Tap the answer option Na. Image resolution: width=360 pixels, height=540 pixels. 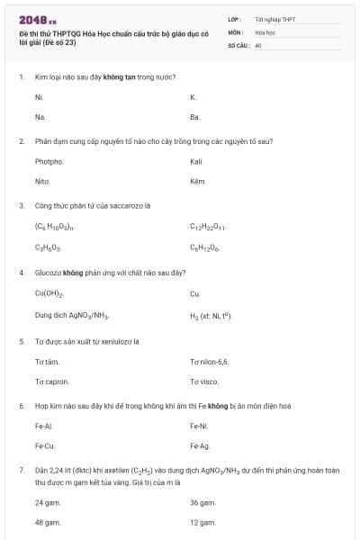(x=40, y=117)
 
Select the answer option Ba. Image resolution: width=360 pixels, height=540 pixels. (x=194, y=117)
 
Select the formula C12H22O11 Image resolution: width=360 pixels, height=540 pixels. (x=208, y=227)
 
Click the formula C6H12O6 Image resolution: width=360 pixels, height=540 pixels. (x=205, y=247)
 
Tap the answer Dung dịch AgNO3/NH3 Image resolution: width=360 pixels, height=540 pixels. (x=72, y=315)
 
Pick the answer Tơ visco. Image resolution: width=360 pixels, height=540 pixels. (x=203, y=382)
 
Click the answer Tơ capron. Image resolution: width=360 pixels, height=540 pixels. (x=51, y=382)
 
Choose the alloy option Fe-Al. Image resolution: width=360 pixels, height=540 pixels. (x=44, y=426)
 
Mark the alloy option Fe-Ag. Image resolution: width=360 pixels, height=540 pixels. (x=199, y=445)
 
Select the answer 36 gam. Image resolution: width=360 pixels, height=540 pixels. (x=202, y=502)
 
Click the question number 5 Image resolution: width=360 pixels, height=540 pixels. (x=22, y=341)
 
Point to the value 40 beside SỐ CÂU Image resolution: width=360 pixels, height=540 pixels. (x=258, y=44)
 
